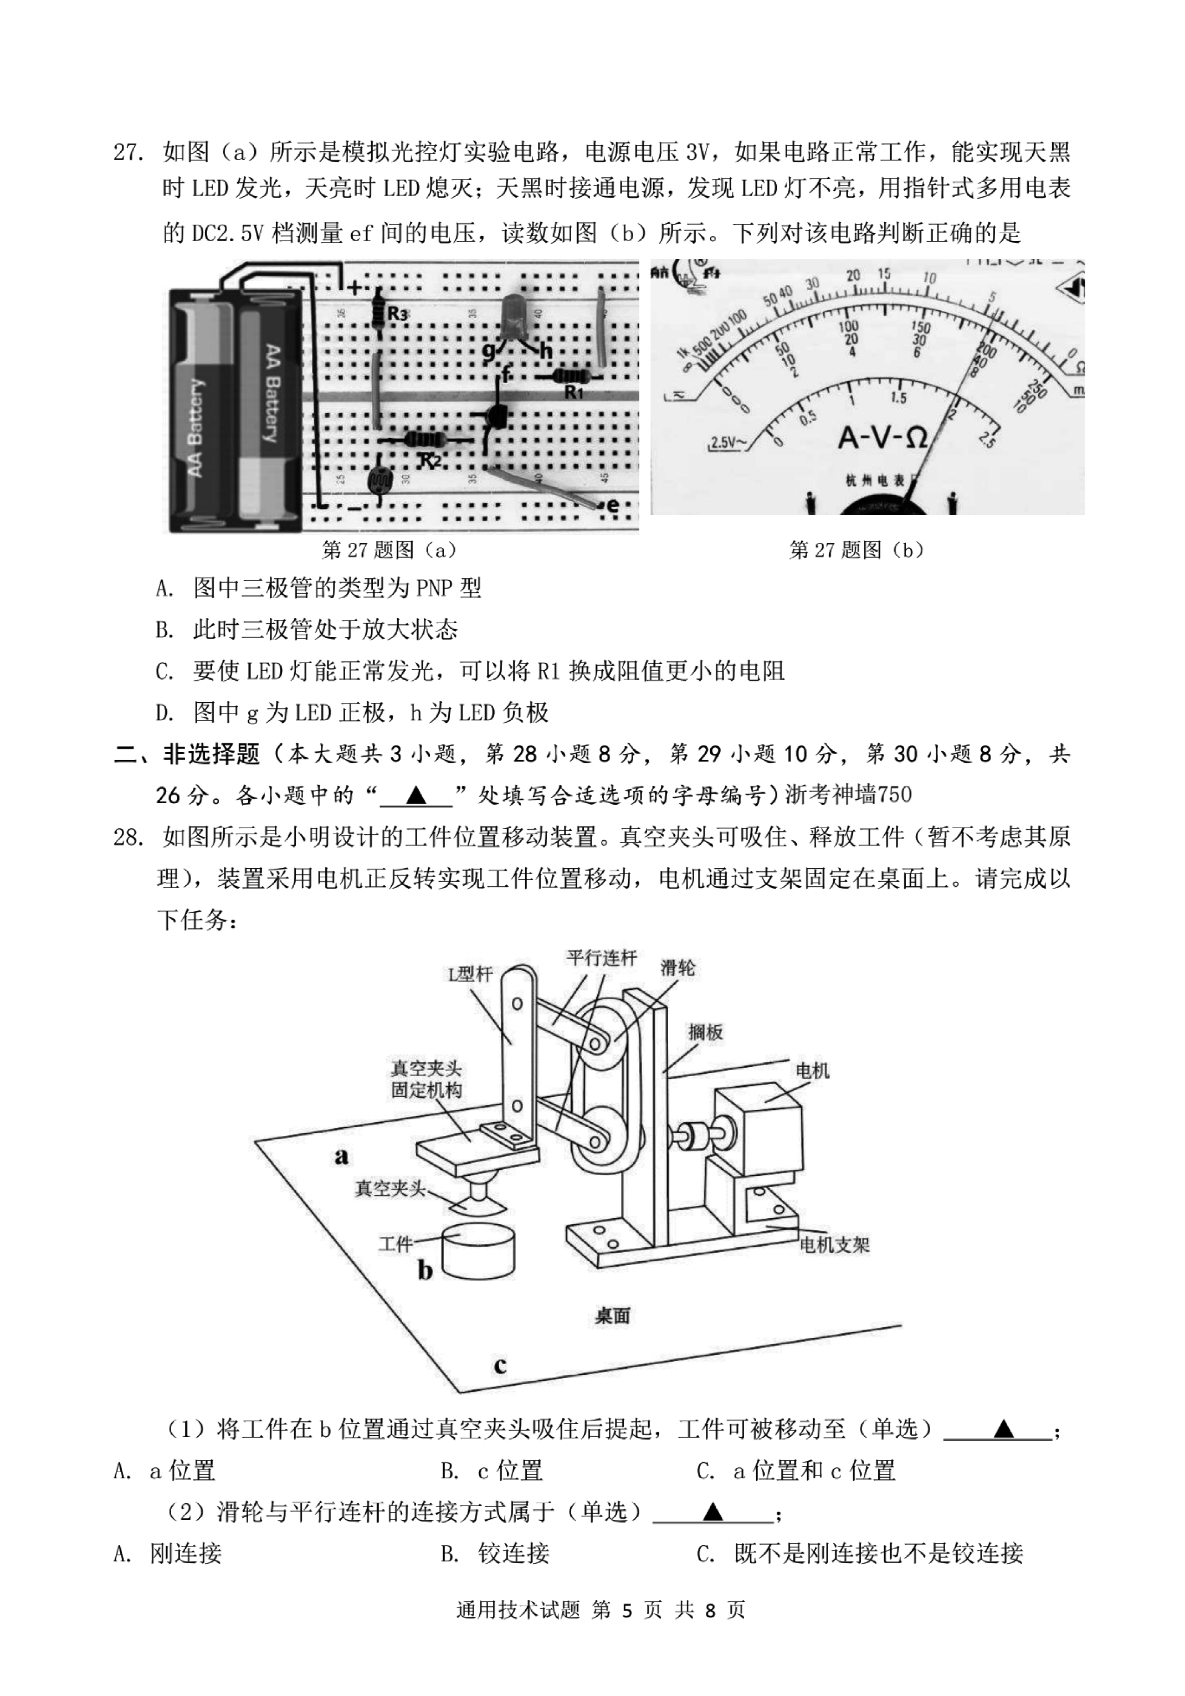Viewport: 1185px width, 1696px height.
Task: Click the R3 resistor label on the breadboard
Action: [x=397, y=314]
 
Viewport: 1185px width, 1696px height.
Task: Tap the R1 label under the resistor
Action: [x=574, y=392]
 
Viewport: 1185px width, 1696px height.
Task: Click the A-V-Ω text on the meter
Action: [x=882, y=438]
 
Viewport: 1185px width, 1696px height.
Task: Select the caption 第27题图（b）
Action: [x=856, y=549]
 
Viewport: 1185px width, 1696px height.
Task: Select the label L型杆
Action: [x=470, y=974]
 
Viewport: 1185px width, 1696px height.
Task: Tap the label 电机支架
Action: [x=834, y=1245]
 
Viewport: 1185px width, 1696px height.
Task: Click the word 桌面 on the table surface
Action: [x=613, y=1315]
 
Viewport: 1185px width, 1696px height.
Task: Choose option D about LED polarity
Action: [x=352, y=712]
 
